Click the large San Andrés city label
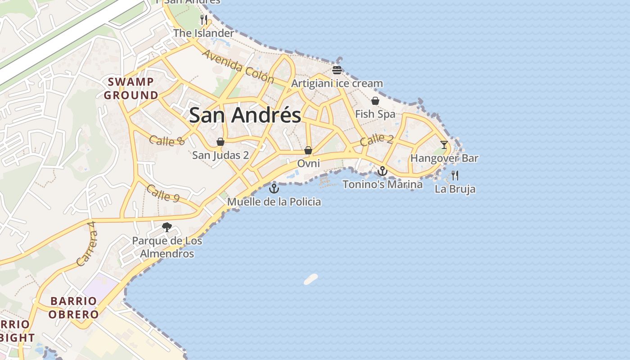tap(245, 115)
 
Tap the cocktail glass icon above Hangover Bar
tap(444, 144)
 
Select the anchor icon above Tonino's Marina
tap(382, 171)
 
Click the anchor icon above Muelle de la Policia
tap(274, 188)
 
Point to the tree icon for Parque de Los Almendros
tap(167, 227)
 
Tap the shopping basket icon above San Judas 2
tap(220, 142)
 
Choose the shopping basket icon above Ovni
tap(308, 150)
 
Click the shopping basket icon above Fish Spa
tap(375, 101)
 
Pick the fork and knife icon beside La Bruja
tap(455, 175)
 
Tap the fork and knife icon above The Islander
tap(204, 19)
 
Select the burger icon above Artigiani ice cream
tap(337, 70)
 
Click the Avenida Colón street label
tap(238, 67)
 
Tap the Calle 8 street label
tap(166, 140)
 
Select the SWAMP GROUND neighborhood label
tap(131, 89)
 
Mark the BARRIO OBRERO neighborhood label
tap(73, 308)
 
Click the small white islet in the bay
tap(311, 279)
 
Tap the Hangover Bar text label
tap(444, 158)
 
